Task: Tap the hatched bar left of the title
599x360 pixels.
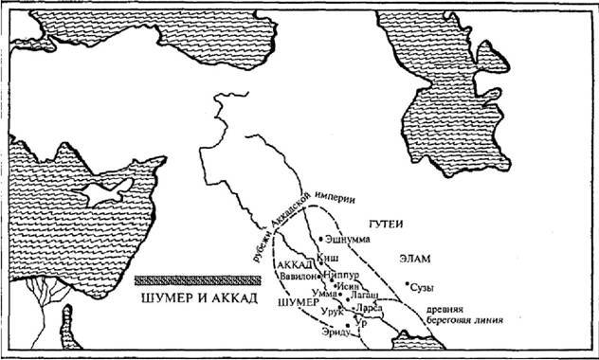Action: [x=196, y=279]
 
